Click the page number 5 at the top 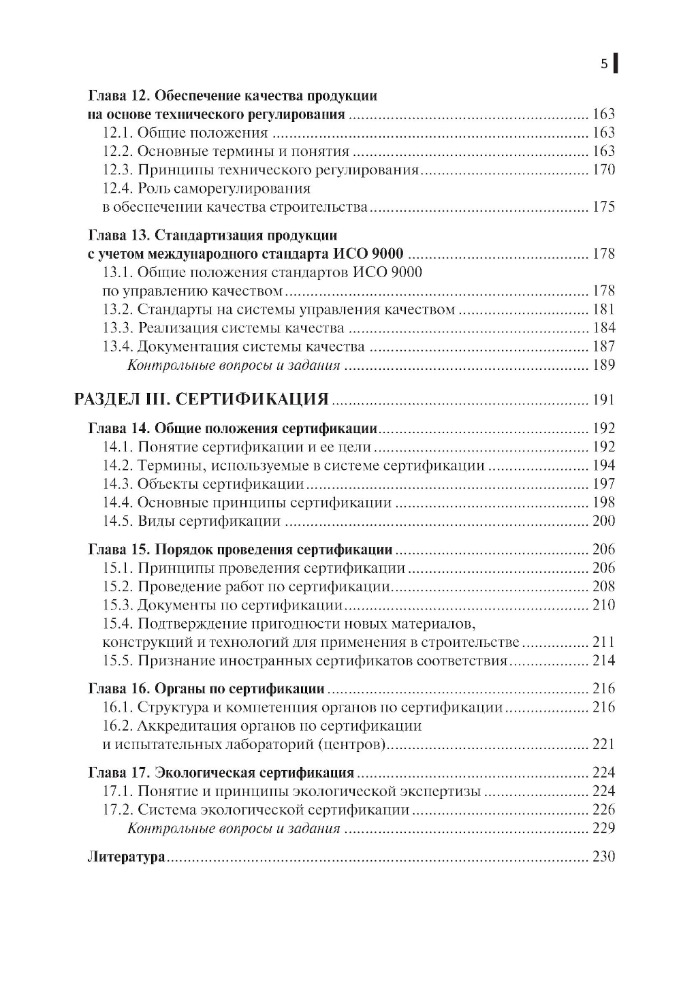click(603, 65)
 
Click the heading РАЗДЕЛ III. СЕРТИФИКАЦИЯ click(202, 399)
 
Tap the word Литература click(127, 857)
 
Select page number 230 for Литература click(603, 857)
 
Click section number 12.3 click(118, 170)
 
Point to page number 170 click(603, 170)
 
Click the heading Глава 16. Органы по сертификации click(206, 689)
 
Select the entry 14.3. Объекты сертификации click(203, 484)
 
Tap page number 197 click(603, 484)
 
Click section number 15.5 click(118, 661)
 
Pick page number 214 click(603, 661)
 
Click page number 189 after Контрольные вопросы click(603, 365)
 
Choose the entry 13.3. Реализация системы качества click(223, 328)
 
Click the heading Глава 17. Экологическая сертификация click(221, 773)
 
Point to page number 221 click(603, 744)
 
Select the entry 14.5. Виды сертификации click(192, 521)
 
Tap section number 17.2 click(118, 810)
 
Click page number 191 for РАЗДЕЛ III click(603, 400)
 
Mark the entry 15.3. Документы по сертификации click(222, 605)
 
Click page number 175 click(603, 207)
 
